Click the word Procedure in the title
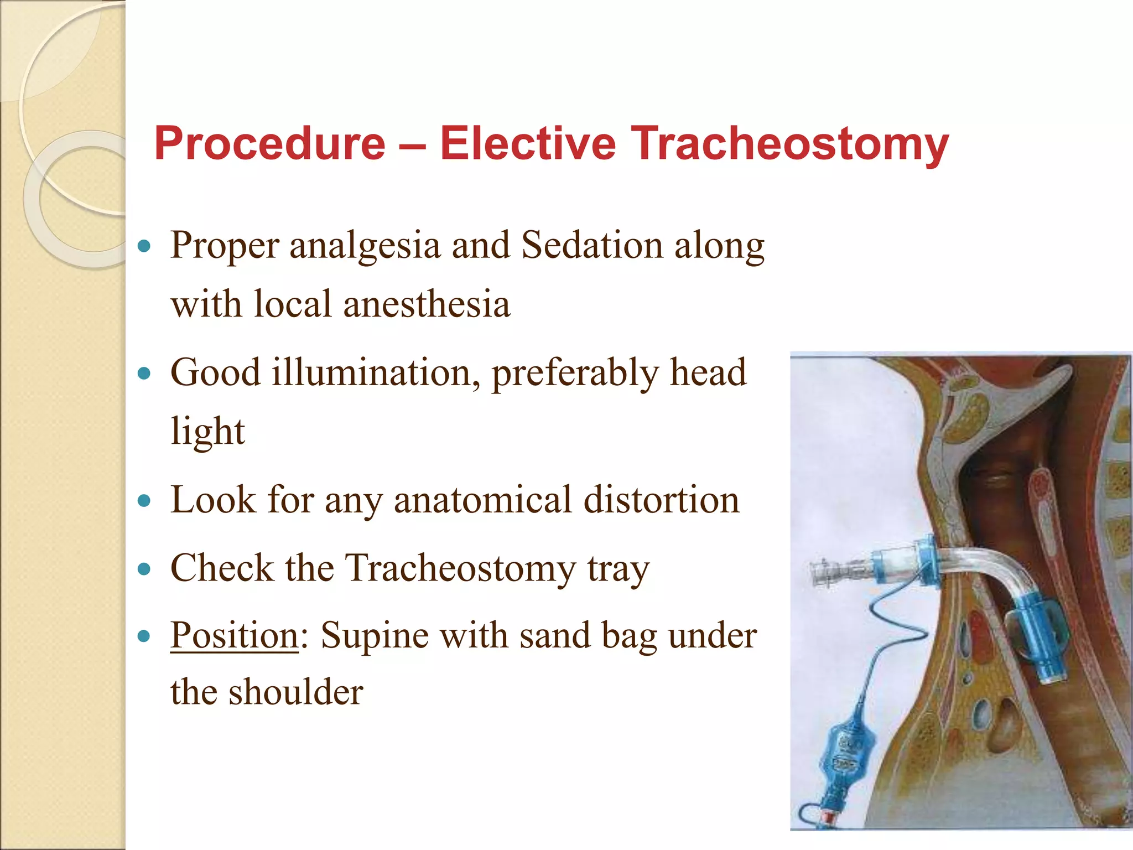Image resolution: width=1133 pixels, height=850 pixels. (x=269, y=144)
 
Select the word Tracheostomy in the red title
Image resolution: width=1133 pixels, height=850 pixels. (x=790, y=144)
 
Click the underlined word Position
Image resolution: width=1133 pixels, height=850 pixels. (x=234, y=635)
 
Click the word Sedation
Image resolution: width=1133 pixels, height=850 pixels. (x=592, y=245)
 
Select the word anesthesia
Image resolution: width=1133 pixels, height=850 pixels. (x=427, y=304)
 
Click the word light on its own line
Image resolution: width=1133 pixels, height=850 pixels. (x=207, y=432)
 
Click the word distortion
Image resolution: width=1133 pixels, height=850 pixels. (x=662, y=500)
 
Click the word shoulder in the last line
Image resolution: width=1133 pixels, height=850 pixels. (x=296, y=693)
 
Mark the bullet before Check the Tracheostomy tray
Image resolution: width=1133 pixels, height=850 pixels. (x=144, y=569)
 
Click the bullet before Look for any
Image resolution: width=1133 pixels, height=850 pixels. (x=144, y=501)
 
